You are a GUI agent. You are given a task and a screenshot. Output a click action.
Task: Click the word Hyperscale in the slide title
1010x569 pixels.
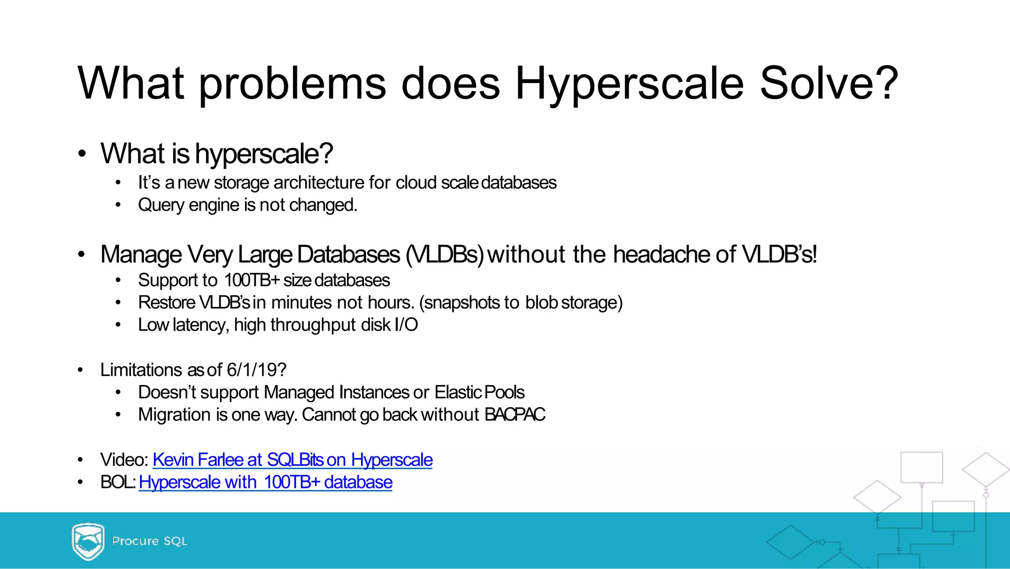click(629, 84)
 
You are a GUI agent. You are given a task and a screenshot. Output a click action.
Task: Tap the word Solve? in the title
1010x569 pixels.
click(829, 84)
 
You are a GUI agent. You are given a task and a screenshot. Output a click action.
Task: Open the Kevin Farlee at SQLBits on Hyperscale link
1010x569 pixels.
click(292, 460)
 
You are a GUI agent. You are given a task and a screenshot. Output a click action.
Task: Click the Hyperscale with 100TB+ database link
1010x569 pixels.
click(265, 482)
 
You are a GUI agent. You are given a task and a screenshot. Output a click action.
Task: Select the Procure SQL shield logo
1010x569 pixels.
click(88, 541)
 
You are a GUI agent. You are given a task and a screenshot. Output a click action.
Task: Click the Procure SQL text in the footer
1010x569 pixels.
click(149, 541)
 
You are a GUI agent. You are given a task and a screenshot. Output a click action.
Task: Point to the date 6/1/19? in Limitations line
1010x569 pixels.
click(256, 370)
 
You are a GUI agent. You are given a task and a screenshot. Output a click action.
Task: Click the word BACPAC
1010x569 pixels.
click(514, 415)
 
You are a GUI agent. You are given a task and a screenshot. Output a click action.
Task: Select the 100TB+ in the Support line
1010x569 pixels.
click(252, 280)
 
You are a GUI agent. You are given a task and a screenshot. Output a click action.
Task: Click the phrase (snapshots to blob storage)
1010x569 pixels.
click(521, 303)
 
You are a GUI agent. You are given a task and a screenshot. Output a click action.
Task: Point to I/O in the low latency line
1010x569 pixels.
click(406, 325)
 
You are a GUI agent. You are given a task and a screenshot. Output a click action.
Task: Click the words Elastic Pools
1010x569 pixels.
click(479, 392)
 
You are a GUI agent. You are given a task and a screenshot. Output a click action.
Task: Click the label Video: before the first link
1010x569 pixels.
click(124, 460)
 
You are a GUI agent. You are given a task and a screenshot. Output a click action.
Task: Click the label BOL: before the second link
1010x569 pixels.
click(117, 482)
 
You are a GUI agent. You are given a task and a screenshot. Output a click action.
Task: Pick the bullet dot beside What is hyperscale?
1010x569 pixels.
click(82, 153)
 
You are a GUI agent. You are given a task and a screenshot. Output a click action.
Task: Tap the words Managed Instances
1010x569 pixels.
click(336, 392)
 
